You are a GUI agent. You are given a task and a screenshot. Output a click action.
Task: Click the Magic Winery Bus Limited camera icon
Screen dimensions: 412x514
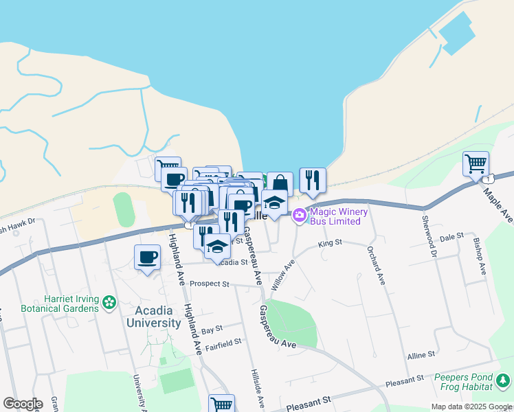pos(299,216)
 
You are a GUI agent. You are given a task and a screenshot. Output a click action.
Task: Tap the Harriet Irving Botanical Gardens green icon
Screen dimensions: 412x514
pos(109,301)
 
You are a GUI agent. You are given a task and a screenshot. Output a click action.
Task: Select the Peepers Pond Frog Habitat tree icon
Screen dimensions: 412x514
pos(504,379)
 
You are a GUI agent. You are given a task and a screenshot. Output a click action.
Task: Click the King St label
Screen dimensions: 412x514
pos(330,244)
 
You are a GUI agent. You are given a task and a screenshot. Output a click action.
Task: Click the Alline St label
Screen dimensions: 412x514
pos(421,355)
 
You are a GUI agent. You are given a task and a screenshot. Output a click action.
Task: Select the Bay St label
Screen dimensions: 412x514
pos(213,329)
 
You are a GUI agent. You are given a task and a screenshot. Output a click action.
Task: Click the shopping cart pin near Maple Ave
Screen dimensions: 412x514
pos(476,164)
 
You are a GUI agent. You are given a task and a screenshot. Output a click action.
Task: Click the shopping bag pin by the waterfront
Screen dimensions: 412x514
pos(280,184)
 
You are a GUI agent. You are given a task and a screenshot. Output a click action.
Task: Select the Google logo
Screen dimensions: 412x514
pos(23,404)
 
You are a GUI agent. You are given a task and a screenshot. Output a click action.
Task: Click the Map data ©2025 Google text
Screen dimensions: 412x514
pos(471,407)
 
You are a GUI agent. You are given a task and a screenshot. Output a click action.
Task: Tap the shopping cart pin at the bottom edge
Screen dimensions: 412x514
pos(221,404)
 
